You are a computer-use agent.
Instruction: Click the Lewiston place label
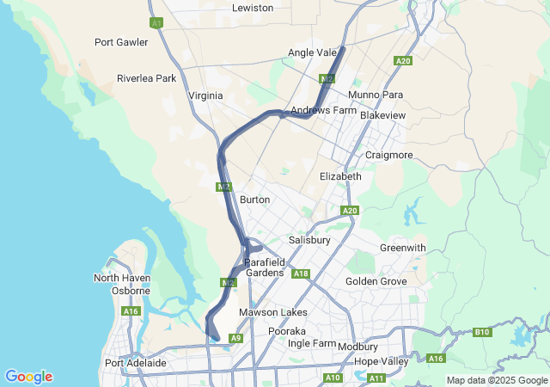point(253,8)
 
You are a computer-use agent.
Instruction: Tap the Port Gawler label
point(121,42)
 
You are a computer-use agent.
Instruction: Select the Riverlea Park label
point(146,78)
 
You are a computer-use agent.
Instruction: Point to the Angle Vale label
point(312,52)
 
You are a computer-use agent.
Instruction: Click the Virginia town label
point(205,95)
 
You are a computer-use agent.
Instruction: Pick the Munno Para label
point(376,95)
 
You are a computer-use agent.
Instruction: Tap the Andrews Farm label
point(323,111)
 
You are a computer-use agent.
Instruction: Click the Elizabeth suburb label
point(340,176)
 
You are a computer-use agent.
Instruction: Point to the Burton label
point(254,200)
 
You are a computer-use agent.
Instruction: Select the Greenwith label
point(402,248)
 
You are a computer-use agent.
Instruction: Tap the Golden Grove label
point(376,281)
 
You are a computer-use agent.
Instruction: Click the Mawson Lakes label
point(272,312)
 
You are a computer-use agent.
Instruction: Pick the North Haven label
point(122,278)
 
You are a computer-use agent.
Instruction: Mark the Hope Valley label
point(381,361)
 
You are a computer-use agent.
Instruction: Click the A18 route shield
point(301,273)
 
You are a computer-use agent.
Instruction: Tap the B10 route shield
point(482,331)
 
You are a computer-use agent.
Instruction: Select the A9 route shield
point(235,339)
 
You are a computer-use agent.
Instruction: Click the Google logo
point(28,377)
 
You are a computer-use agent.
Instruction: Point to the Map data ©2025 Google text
point(497,380)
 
